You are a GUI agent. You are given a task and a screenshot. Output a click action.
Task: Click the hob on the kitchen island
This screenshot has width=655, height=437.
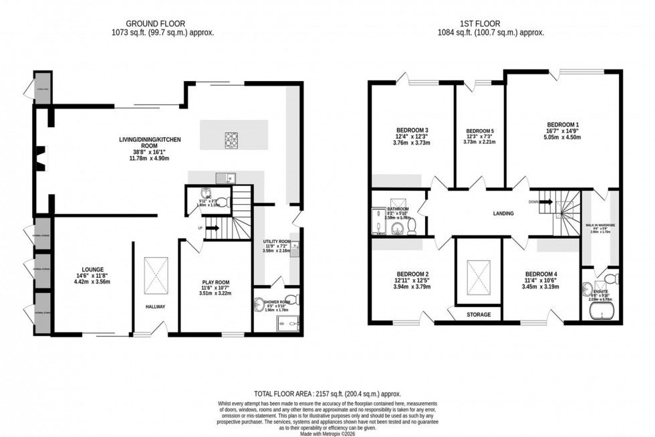231,139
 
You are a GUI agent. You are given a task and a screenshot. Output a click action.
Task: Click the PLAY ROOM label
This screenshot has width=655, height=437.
216,282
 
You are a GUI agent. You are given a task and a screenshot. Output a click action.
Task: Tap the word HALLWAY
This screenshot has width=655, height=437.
155,307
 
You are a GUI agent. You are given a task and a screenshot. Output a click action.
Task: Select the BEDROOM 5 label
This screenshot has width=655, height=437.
480,130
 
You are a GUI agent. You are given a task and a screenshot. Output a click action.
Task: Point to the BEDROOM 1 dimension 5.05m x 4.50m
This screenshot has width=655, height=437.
561,138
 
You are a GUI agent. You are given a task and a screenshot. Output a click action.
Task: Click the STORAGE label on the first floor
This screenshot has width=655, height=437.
479,314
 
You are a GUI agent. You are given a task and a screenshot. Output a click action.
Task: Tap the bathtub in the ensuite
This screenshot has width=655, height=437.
600,311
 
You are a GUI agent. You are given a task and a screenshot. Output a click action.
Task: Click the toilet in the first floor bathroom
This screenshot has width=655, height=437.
412,227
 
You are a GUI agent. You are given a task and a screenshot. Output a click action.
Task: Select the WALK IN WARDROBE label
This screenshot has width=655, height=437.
600,225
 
